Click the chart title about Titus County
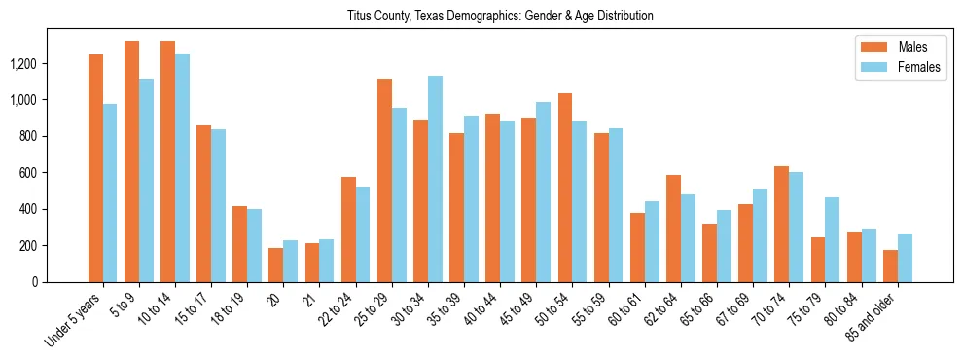500,17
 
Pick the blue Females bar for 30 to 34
435,179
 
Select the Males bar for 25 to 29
384,181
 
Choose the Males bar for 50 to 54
565,188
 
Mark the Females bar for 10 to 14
182,167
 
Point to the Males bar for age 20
275,265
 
